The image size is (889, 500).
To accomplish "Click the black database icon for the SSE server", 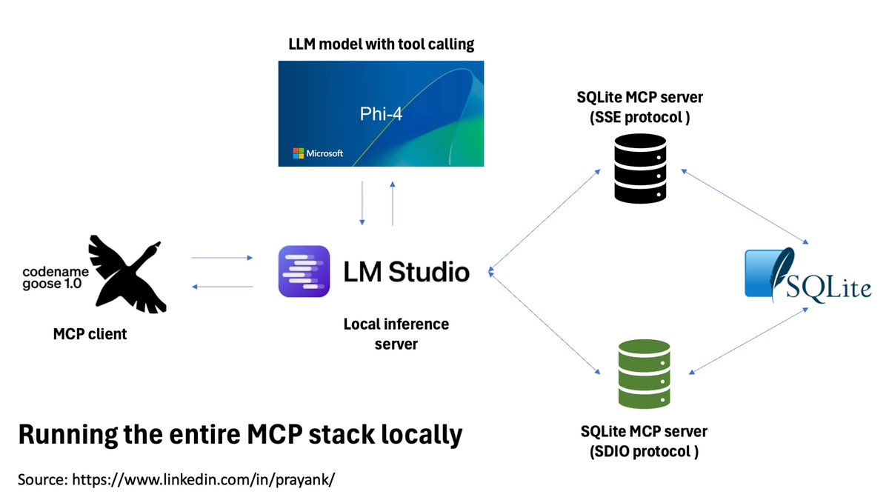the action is [640, 169].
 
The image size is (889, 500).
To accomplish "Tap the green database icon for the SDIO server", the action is [644, 374].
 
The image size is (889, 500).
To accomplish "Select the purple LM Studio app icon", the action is [304, 271].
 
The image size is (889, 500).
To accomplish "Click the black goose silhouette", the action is [127, 274].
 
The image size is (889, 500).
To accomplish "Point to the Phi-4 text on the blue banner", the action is [381, 114].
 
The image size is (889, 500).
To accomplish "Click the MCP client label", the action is [90, 334].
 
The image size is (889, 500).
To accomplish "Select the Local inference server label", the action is [396, 334].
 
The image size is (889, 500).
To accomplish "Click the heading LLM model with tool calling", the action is [381, 44].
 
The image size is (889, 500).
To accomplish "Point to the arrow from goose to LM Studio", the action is [222, 258].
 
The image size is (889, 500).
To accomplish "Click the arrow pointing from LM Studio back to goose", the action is [222, 287].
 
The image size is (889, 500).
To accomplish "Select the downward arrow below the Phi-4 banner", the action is [362, 203].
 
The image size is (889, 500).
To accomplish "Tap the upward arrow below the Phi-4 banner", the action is [393, 204].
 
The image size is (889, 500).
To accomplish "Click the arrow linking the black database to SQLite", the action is [745, 207].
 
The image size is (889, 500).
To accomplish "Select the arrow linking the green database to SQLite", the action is [748, 341].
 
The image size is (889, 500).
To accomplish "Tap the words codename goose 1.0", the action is [56, 278].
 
